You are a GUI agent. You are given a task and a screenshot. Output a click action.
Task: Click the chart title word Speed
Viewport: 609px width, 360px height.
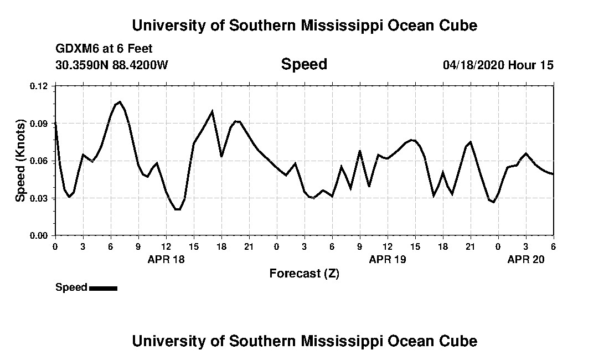(304, 64)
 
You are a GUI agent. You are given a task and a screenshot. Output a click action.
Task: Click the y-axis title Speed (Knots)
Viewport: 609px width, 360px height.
(20, 161)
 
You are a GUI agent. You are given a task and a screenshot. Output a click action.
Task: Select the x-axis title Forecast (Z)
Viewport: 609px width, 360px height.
(304, 273)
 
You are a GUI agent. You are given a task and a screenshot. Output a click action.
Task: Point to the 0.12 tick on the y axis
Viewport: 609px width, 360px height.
(39, 86)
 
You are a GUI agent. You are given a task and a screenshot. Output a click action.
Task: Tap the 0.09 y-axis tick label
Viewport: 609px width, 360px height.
(39, 124)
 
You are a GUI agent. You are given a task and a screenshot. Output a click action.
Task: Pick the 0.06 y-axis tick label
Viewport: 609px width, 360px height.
(39, 161)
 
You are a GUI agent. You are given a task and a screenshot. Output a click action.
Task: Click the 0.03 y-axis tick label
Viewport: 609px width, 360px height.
(39, 198)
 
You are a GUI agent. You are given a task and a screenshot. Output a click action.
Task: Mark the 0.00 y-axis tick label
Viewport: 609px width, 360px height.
(39, 235)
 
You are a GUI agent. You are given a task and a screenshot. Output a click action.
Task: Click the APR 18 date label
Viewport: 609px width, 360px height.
(166, 259)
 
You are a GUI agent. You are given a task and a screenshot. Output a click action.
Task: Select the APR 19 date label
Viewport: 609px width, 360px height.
(388, 259)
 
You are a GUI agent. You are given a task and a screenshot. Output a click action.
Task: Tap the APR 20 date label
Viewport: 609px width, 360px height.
(526, 259)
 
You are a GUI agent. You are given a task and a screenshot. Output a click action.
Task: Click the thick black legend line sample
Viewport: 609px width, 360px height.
(103, 288)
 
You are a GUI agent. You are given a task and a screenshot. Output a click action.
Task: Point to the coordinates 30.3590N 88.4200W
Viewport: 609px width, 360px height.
(111, 65)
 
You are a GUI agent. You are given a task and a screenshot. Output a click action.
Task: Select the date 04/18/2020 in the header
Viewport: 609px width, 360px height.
(472, 65)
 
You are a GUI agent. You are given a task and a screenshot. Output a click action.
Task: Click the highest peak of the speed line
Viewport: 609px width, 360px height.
(120, 101)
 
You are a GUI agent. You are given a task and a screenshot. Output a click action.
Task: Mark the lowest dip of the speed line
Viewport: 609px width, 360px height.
(177, 209)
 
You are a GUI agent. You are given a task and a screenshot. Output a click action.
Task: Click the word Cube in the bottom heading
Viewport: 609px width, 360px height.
(460, 341)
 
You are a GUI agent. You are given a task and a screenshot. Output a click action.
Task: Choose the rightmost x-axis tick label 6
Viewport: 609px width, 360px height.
(553, 246)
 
